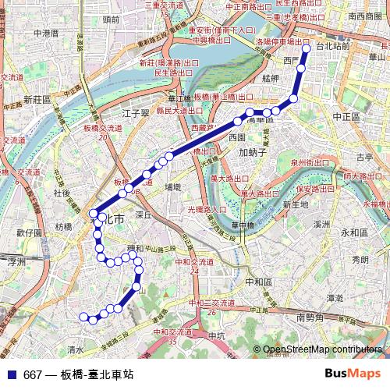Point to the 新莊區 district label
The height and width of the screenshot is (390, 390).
pos(37,99)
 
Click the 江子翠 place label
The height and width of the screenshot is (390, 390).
pos(135,113)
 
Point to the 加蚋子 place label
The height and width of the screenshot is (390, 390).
pos(253,152)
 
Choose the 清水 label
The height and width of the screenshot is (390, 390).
pos(76,349)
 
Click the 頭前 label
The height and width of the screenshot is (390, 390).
pos(111,17)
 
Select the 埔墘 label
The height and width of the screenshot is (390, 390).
pos(173,187)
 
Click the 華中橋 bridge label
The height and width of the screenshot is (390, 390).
pos(243,225)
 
